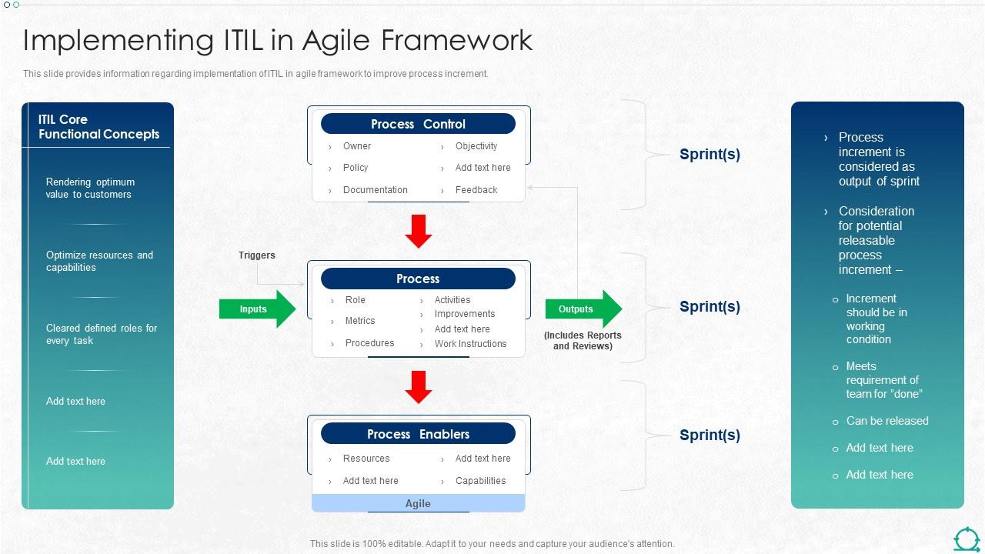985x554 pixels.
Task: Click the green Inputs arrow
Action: tap(257, 309)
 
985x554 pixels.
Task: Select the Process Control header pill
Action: tap(418, 124)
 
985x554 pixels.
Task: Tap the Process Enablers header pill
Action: tap(418, 434)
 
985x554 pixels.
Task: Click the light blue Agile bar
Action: tap(418, 503)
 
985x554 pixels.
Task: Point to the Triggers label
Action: tap(256, 255)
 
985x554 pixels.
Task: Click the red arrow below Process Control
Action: tap(419, 232)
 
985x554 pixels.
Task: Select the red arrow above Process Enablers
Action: tap(419, 387)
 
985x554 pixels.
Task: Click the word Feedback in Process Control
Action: tap(476, 190)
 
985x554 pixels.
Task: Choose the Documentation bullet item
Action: tap(375, 190)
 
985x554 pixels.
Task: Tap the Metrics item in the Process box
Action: tap(359, 321)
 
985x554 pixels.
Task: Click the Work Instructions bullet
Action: tap(470, 344)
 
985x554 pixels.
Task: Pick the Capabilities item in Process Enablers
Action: tap(480, 481)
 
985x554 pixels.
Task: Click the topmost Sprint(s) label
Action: tap(710, 154)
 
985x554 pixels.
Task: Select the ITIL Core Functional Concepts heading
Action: tap(98, 127)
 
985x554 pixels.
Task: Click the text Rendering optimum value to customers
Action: tap(90, 189)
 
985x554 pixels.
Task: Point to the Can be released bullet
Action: tap(886, 421)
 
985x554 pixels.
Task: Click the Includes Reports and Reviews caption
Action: tap(583, 341)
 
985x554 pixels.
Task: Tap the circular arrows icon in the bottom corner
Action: tap(967, 539)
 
